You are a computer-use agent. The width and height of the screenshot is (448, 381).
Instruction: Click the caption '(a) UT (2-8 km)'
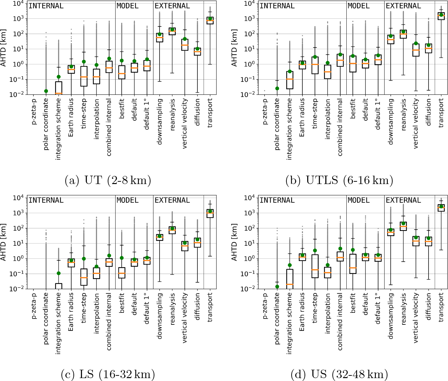pos(108,180)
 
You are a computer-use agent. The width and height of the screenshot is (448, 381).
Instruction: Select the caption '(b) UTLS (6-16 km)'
pos(339,180)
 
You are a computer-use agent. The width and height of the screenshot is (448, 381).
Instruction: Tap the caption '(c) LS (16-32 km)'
pos(108,374)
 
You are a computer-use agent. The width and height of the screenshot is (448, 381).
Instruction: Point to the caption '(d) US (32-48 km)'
pos(339,374)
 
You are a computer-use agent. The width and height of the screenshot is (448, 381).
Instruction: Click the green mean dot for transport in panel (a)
pos(210,19)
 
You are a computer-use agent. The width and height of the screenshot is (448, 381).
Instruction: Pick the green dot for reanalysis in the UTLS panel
pos(403,32)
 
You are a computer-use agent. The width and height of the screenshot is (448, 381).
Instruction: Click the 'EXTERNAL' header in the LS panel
pos(172,201)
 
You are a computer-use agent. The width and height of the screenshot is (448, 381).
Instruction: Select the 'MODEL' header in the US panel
pos(359,201)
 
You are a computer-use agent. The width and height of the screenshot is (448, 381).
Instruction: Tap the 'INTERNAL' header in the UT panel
pos(46,6)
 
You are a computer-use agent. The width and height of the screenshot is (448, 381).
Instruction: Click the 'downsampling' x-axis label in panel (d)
pos(391,316)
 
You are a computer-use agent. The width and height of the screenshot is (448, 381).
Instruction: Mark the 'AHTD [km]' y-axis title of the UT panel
pos(4,48)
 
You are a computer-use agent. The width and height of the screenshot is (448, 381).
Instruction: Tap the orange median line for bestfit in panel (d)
pos(353,268)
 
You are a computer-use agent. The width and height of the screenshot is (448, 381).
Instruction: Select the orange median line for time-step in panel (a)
pos(84,77)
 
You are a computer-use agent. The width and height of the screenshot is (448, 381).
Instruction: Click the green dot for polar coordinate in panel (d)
pos(277,287)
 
